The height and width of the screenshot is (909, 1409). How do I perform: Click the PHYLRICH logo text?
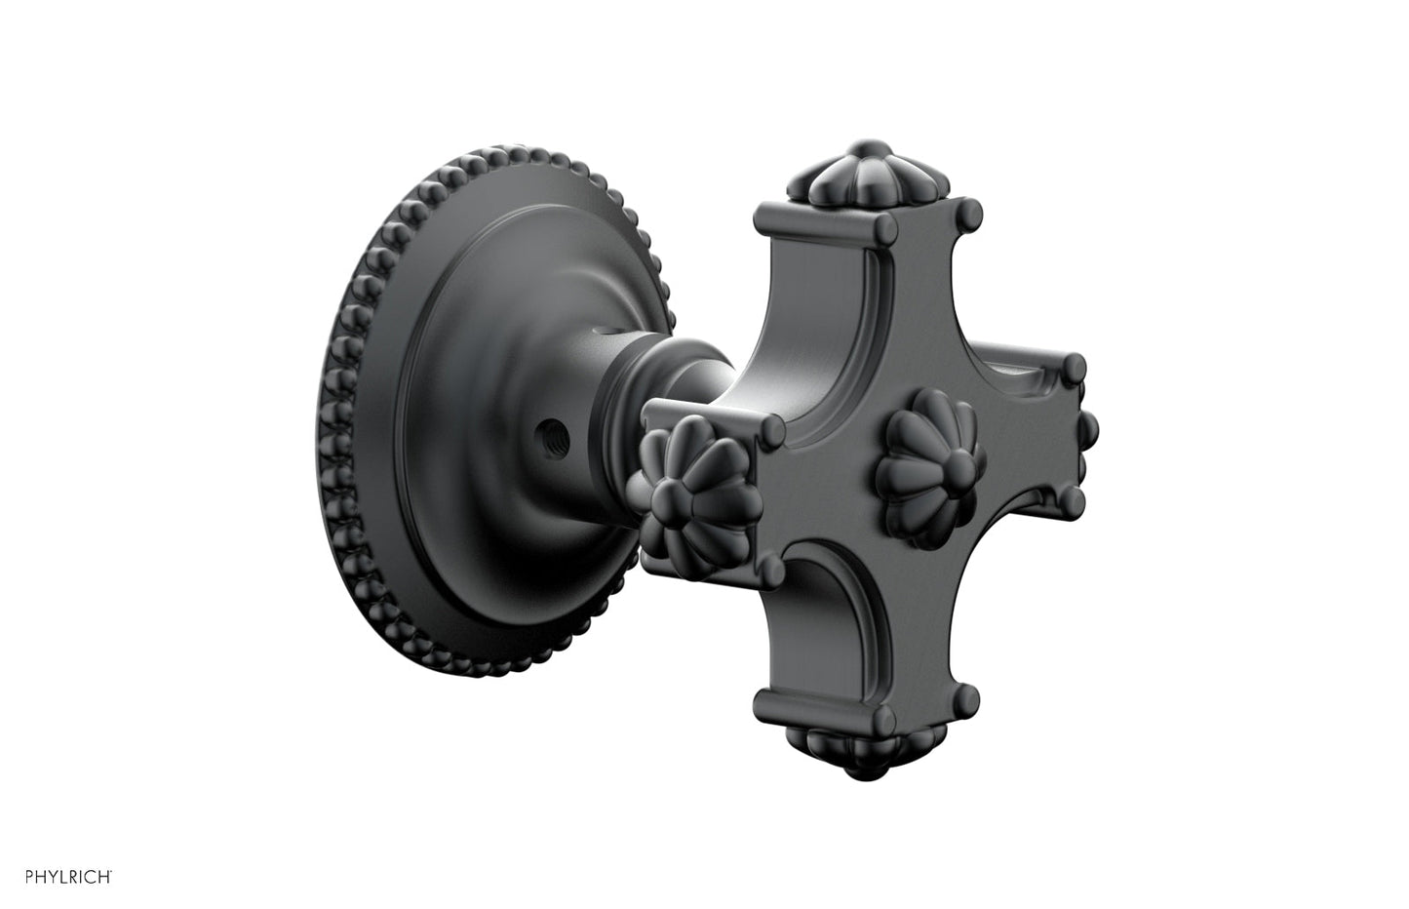pos(68,877)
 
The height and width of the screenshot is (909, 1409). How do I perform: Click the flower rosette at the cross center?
pos(931,467)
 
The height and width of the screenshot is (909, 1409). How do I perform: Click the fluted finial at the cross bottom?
pos(868,751)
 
